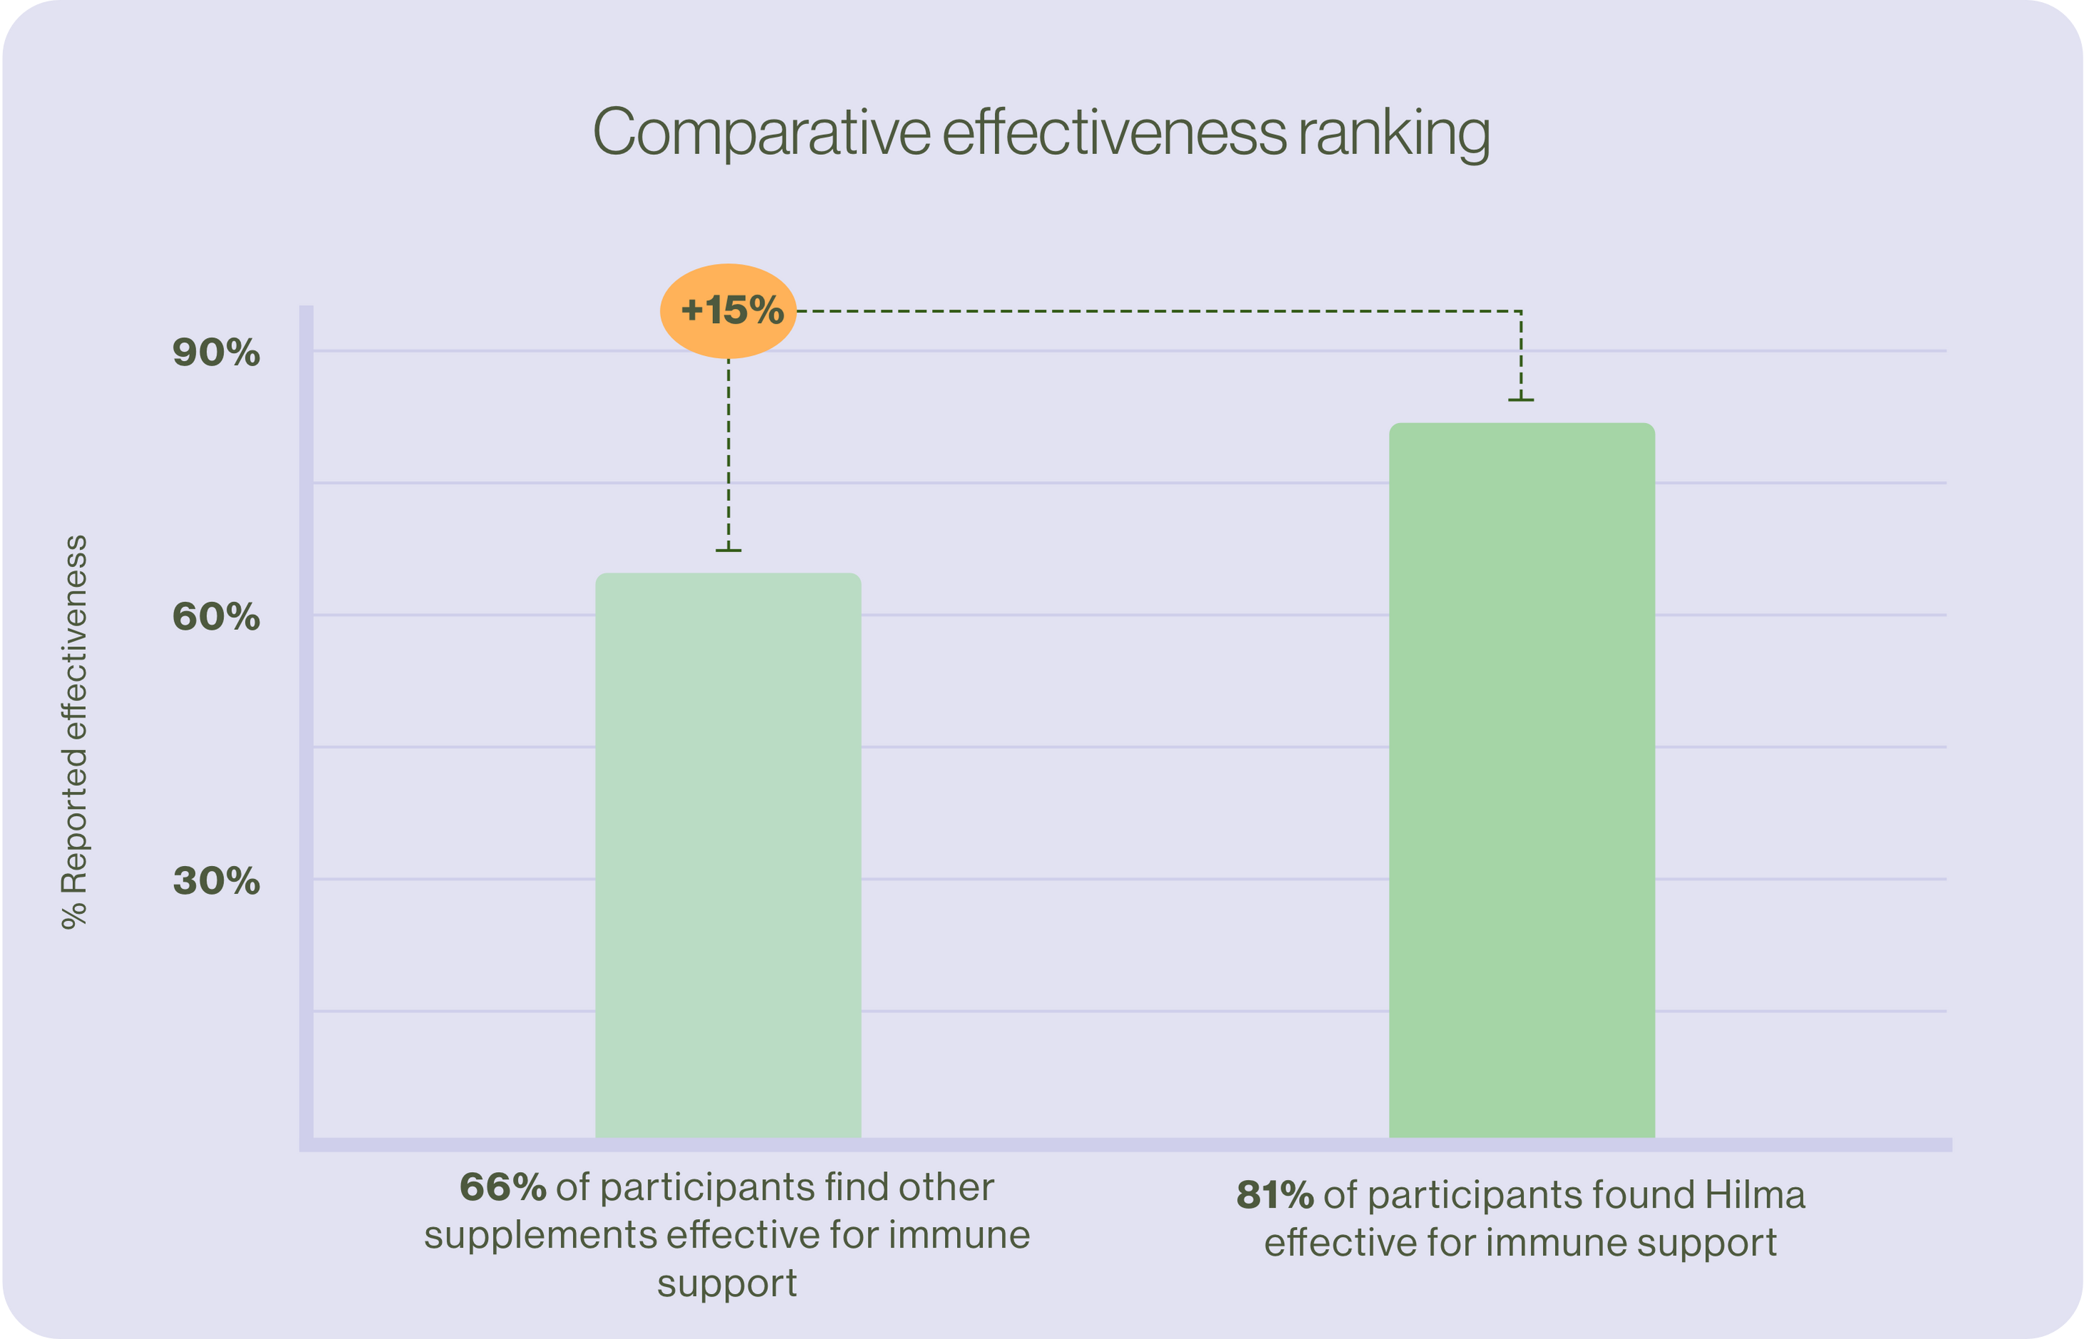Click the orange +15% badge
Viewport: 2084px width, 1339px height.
click(x=728, y=310)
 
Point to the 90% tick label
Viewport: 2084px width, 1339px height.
click(x=216, y=353)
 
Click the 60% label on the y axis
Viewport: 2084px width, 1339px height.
click(x=216, y=617)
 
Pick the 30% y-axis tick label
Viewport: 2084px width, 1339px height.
click(x=216, y=881)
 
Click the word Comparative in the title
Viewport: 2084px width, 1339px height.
click(x=761, y=133)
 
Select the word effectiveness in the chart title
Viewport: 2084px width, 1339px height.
click(x=1114, y=133)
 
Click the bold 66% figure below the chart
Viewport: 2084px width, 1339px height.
click(x=502, y=1188)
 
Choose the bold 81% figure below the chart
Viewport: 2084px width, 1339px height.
click(x=1274, y=1196)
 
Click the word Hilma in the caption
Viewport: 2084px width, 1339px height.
click(x=1754, y=1196)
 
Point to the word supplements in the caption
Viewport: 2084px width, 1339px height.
click(x=540, y=1236)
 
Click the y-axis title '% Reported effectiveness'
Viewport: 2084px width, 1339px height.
click(x=75, y=731)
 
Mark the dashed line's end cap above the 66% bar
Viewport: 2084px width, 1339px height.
click(x=728, y=551)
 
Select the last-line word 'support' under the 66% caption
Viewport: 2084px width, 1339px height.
click(x=727, y=1283)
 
